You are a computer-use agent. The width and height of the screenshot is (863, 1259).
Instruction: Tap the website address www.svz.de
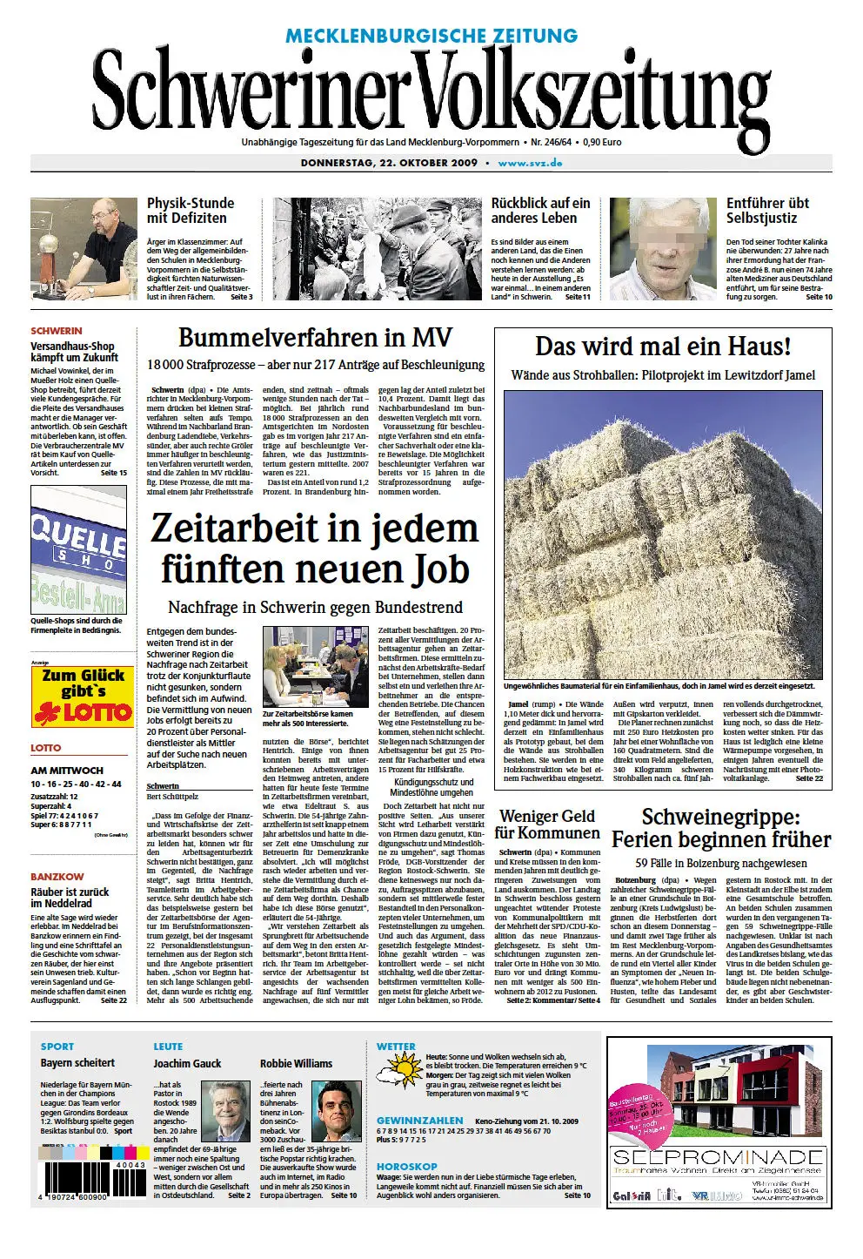[530, 163]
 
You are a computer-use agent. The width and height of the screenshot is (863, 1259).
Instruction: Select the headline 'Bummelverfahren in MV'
[315, 338]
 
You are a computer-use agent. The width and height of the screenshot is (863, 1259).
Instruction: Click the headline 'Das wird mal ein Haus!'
[663, 347]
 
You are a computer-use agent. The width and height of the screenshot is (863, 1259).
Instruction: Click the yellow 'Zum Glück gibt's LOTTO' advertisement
[83, 697]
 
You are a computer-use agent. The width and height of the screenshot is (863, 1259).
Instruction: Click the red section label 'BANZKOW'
[57, 876]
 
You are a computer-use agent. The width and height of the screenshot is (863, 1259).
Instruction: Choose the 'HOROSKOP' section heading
[407, 1166]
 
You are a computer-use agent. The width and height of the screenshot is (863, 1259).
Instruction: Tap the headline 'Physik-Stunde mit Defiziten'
[191, 211]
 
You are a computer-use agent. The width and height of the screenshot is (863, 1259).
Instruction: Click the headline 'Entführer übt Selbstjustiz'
[768, 211]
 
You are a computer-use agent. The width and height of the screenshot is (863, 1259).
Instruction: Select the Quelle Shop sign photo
[78, 550]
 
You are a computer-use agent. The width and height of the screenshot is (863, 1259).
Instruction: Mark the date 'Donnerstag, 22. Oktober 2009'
[389, 163]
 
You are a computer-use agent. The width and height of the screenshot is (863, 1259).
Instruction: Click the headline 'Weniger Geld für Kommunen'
[547, 824]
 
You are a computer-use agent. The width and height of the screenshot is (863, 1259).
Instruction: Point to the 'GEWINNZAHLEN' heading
[419, 1121]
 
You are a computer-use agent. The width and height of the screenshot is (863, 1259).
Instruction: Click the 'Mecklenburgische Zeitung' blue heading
[431, 36]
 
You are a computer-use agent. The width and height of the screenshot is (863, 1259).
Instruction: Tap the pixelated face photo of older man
[663, 249]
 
